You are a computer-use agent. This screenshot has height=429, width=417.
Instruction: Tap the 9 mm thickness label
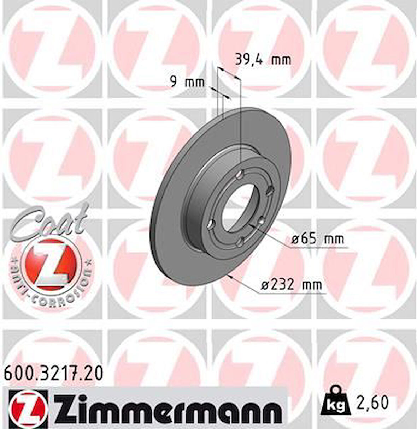[x=187, y=82]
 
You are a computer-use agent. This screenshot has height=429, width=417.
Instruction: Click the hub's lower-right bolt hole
[x=262, y=221]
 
